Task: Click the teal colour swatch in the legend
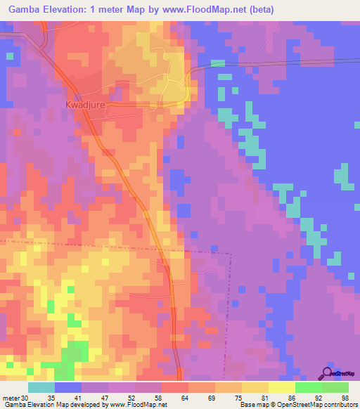coord(41,387)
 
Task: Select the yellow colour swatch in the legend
coord(282,387)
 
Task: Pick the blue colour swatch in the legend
coord(68,387)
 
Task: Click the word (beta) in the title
coord(259,9)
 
